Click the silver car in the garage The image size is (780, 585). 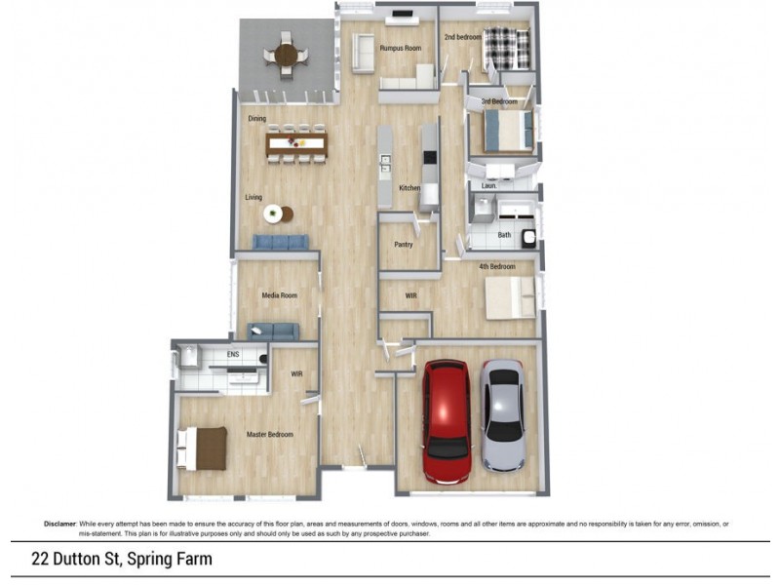tap(503, 414)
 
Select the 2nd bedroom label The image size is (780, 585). tap(464, 38)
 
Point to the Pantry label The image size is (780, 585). tap(405, 245)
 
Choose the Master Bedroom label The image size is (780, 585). tap(269, 435)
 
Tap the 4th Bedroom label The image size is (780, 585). tap(496, 267)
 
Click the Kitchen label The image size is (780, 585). tap(409, 188)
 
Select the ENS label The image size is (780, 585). tap(233, 355)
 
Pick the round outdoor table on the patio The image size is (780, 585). tap(286, 55)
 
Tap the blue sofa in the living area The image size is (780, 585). tap(282, 242)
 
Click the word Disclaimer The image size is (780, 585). tap(59, 524)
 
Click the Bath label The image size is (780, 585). tap(504, 235)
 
